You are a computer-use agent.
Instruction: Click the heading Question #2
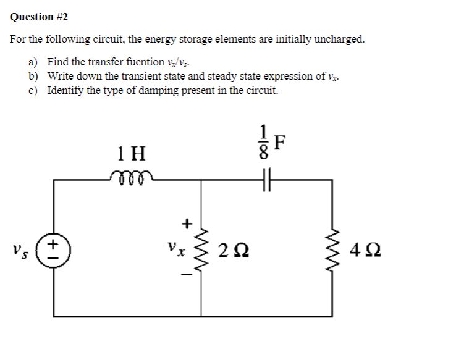click(38, 17)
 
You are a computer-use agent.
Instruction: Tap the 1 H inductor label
click(131, 153)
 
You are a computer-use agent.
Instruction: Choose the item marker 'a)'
click(33, 62)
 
